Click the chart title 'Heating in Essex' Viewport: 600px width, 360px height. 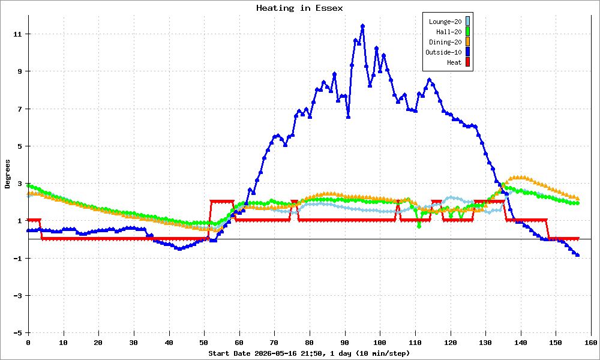click(x=299, y=8)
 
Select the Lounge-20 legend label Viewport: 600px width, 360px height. click(x=445, y=22)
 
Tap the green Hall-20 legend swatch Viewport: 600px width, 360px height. click(x=467, y=32)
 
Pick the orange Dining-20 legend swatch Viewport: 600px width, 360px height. click(x=467, y=42)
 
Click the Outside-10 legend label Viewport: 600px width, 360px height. click(x=443, y=52)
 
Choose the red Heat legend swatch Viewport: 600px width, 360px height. click(x=467, y=62)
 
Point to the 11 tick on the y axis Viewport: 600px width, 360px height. click(x=17, y=34)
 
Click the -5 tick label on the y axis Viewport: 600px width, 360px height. click(x=17, y=333)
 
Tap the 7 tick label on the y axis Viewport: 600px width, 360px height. click(x=20, y=109)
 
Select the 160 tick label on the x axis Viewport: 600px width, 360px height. click(x=591, y=343)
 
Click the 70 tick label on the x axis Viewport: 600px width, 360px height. click(x=274, y=343)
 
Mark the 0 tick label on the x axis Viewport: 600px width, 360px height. click(x=28, y=343)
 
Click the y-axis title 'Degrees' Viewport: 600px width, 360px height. click(x=7, y=174)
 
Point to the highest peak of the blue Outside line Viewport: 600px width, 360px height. click(x=362, y=26)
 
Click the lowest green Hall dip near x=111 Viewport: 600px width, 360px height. click(x=419, y=226)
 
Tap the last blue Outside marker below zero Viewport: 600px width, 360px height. click(x=577, y=255)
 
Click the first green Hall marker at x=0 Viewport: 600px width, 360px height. click(x=29, y=185)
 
